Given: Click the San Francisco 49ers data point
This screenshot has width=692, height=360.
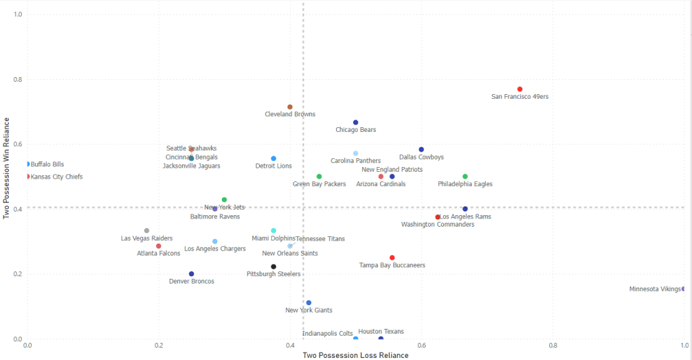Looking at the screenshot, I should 520,89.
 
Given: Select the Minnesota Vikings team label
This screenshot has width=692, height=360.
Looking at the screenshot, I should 655,289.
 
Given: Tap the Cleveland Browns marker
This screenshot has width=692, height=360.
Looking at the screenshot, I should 290,107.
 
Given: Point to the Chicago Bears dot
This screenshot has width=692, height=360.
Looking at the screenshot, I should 356,122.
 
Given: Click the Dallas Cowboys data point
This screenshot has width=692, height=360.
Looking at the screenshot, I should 421,150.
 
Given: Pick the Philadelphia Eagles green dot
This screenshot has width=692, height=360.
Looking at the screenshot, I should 465,177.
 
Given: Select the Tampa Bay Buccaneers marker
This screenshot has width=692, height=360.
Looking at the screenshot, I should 392,258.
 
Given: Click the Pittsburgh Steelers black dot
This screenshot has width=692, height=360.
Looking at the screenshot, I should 273,267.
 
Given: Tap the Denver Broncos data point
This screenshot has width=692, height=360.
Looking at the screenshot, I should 191,274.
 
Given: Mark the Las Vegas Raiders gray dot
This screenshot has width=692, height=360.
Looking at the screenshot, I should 147,231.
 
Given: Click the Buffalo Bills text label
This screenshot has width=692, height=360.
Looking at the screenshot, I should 47,164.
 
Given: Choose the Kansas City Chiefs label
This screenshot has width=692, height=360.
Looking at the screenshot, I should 57,177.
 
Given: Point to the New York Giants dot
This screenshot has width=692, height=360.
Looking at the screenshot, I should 308,303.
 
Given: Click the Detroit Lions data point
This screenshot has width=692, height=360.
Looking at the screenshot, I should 273,158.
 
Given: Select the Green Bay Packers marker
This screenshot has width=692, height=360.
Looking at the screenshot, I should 319,177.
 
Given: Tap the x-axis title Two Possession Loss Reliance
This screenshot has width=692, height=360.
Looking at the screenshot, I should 356,355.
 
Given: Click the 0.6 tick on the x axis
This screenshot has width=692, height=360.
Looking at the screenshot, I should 421,346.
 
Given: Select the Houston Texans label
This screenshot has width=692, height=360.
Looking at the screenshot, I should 381,332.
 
